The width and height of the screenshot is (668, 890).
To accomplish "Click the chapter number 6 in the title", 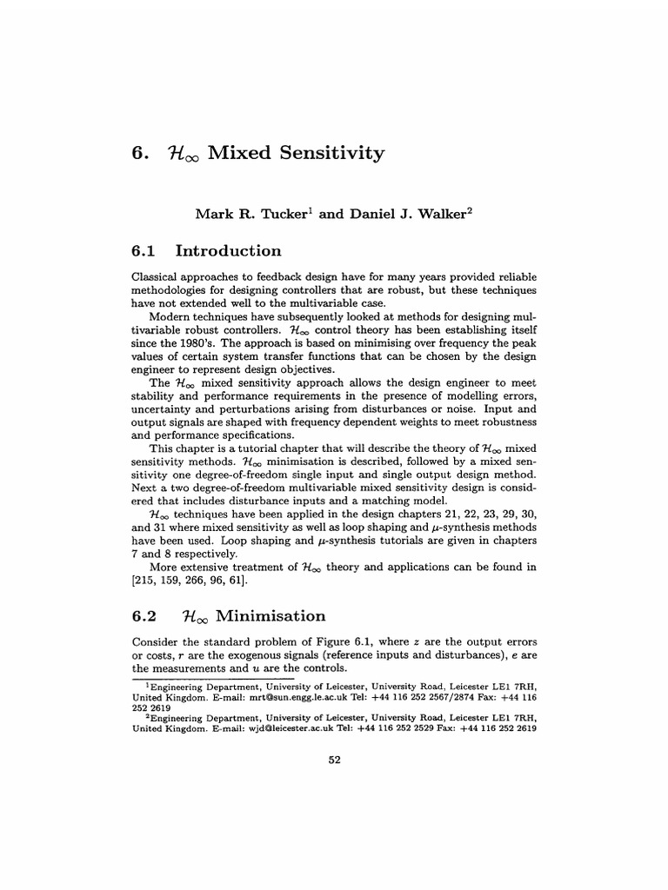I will coord(137,154).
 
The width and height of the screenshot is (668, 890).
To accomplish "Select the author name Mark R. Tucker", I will coord(245,213).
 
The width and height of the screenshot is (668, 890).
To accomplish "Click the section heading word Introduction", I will coord(229,251).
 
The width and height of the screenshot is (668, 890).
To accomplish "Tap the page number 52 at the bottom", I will coord(333,759).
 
